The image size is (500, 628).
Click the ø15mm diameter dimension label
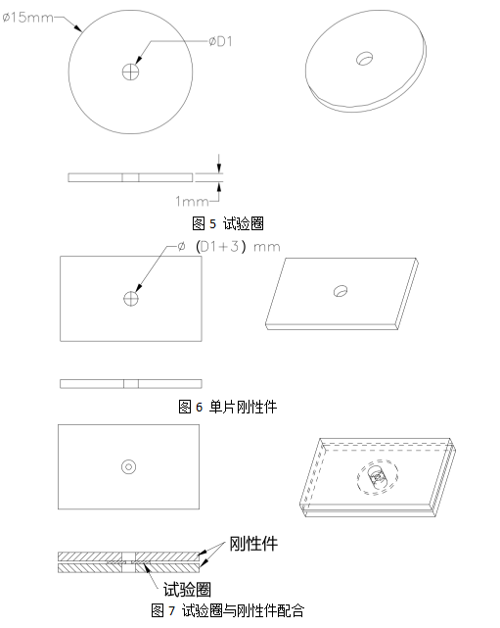point(27,18)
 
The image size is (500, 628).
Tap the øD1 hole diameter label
point(220,41)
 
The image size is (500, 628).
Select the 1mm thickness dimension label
point(192,201)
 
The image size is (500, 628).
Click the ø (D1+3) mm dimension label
point(229,246)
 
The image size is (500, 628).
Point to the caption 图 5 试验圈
point(228,223)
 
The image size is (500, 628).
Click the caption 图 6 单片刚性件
point(227,407)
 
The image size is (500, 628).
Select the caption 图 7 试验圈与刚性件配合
point(227,610)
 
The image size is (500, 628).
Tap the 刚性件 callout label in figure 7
point(253,544)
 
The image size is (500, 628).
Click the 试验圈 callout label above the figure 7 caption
point(187,589)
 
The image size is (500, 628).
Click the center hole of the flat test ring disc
point(130,72)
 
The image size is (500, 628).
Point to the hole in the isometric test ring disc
point(365,59)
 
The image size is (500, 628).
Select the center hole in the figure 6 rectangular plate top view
point(131,299)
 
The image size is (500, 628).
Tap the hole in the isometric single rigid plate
point(341,291)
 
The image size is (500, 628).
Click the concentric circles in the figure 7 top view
point(128,467)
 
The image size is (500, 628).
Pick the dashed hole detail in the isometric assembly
point(377,476)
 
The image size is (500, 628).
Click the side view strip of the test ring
point(130,177)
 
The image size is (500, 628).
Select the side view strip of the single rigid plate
point(131,384)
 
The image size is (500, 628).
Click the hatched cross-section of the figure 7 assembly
point(128,562)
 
